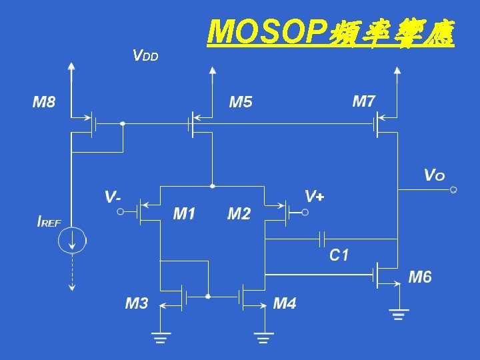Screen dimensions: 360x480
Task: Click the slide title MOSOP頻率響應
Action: (331, 31)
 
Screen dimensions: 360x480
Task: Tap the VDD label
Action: (145, 55)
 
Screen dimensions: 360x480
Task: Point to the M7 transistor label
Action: (364, 101)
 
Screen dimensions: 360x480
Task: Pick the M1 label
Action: (184, 214)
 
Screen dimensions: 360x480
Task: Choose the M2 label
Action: (239, 214)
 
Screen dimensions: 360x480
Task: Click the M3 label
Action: (137, 304)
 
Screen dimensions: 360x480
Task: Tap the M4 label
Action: (285, 304)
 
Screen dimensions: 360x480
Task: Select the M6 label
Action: (419, 277)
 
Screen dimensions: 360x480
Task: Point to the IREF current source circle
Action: (71, 240)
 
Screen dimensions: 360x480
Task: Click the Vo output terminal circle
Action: (453, 190)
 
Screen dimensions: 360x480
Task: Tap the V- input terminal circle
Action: (121, 212)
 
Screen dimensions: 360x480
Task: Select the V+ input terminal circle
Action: (305, 213)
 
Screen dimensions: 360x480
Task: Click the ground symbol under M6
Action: (399, 314)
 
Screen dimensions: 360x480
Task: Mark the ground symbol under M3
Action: (160, 337)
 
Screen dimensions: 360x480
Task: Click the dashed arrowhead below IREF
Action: (71, 287)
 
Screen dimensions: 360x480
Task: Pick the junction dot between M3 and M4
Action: (208, 296)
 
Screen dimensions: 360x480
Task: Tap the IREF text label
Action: (49, 222)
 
